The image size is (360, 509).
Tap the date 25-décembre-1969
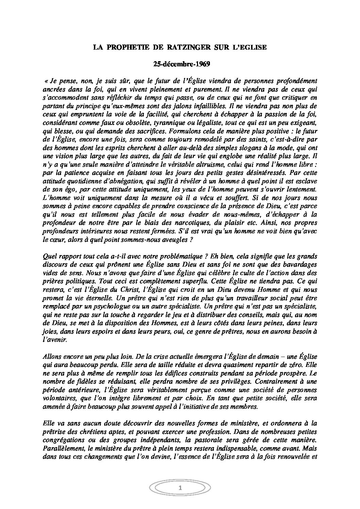[x=180, y=63]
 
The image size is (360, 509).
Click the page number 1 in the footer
[x=180, y=497]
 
